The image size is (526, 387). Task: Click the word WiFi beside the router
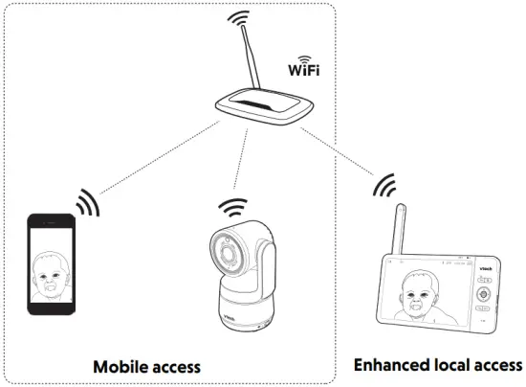click(304, 71)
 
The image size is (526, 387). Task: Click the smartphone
click(51, 264)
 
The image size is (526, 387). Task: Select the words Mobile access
click(146, 367)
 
